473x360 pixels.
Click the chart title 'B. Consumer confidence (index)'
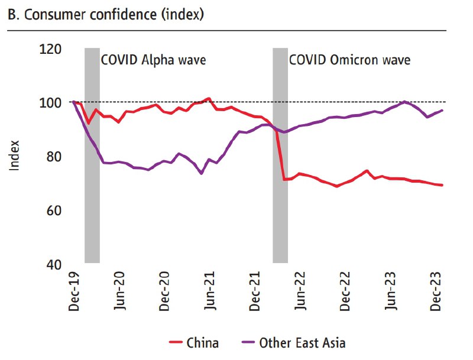[x=106, y=15]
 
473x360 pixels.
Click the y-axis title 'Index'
[x=15, y=155]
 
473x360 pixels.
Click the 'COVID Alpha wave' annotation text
[x=153, y=60]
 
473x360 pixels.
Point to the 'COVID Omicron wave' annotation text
[x=349, y=60]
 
